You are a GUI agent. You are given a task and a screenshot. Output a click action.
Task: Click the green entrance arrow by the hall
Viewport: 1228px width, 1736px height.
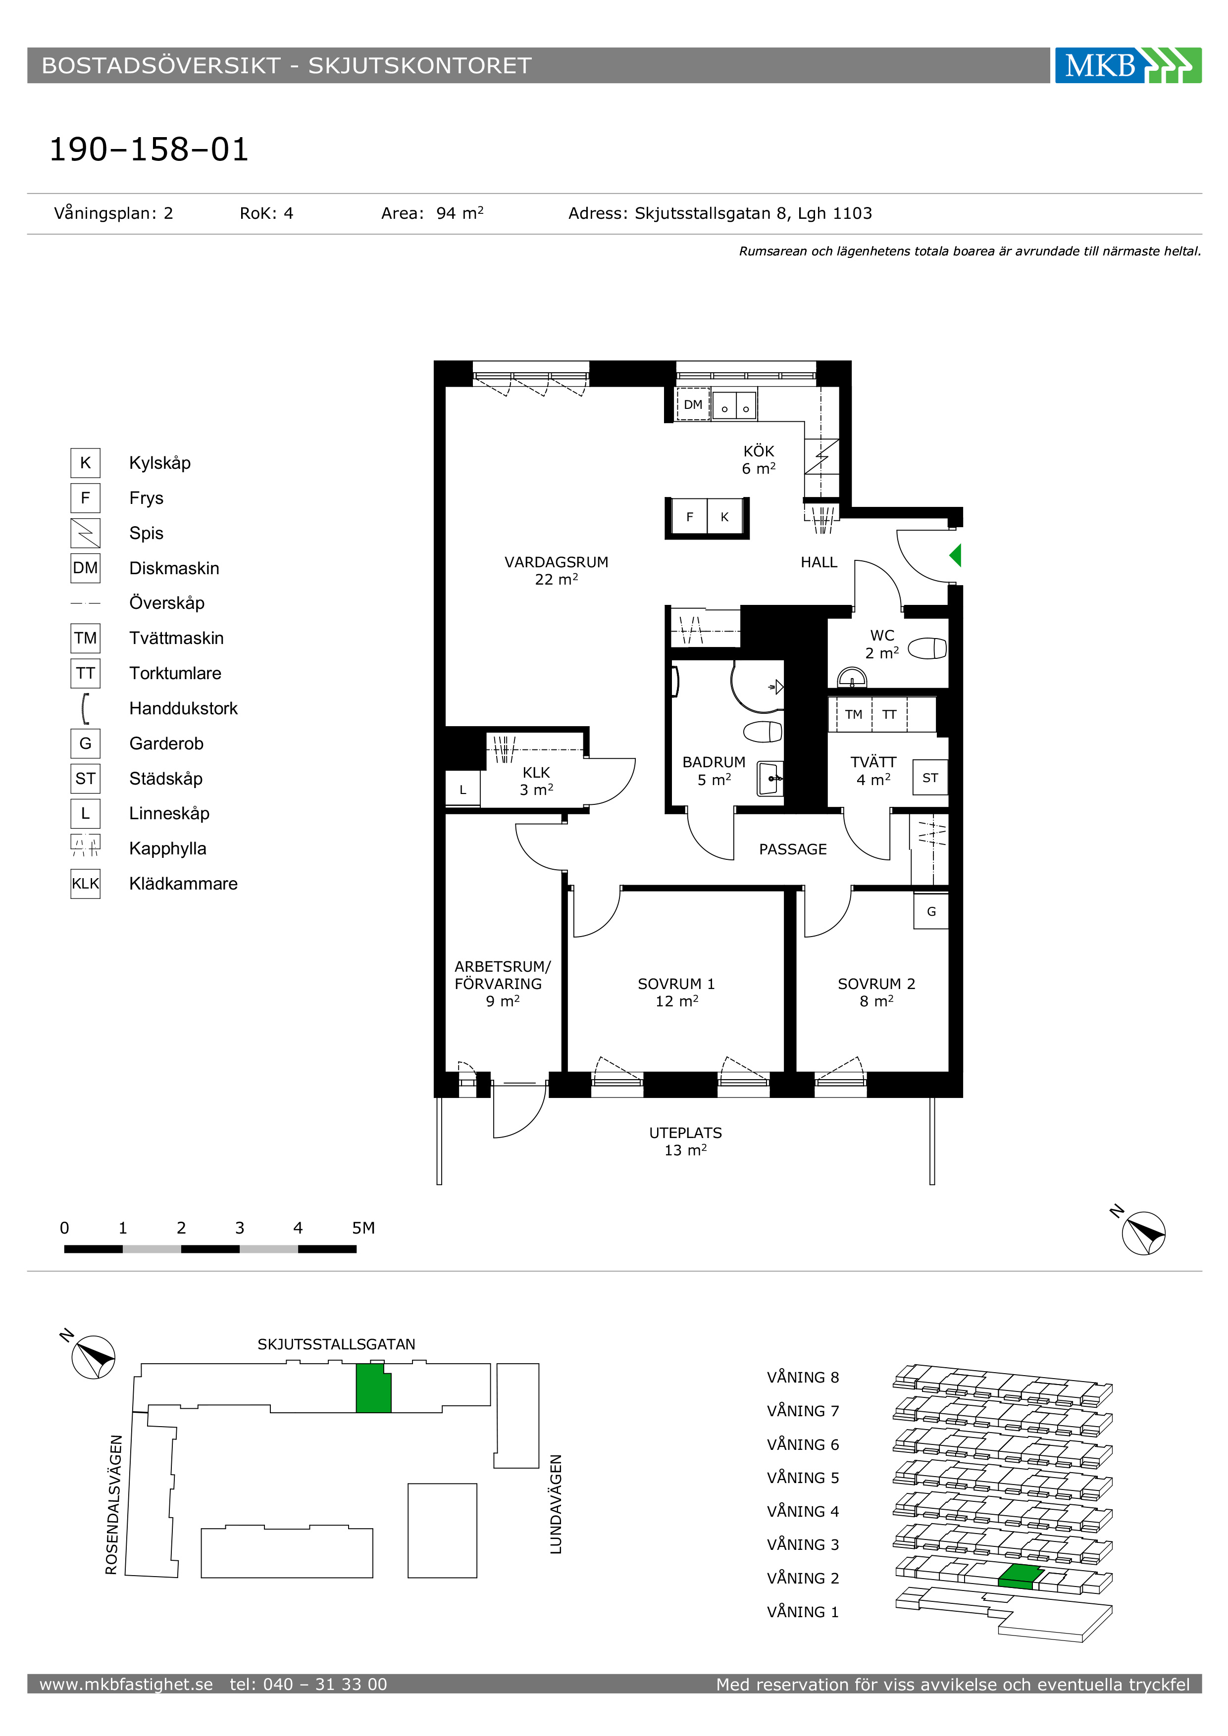pyautogui.click(x=956, y=556)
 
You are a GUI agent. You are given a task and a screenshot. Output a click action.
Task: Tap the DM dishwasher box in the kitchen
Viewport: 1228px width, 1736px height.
pyautogui.click(x=693, y=404)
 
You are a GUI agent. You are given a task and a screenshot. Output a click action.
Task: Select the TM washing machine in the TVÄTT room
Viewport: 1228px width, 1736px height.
pyautogui.click(x=854, y=714)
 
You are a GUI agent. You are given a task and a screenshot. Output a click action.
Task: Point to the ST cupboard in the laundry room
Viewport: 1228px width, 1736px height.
pyautogui.click(x=930, y=777)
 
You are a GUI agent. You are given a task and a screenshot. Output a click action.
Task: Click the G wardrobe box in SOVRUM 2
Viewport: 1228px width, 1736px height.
pyautogui.click(x=931, y=911)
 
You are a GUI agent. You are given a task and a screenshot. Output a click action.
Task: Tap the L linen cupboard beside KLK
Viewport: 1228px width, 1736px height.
pyautogui.click(x=463, y=790)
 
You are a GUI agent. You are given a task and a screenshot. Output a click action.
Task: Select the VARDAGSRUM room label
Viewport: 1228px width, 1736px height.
pyautogui.click(x=557, y=570)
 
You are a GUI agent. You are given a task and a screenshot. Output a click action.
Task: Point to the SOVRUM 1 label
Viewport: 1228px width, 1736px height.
pyautogui.click(x=676, y=992)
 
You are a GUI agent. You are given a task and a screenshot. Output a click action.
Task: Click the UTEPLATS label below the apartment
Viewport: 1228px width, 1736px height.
pyautogui.click(x=685, y=1141)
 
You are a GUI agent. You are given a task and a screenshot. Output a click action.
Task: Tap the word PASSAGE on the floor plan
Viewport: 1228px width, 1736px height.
pyautogui.click(x=792, y=849)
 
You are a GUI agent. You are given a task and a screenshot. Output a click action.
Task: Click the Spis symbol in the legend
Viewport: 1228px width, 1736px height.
pyautogui.click(x=86, y=533)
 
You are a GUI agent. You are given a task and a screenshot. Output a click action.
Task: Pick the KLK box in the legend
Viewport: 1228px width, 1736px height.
pyautogui.click(x=86, y=883)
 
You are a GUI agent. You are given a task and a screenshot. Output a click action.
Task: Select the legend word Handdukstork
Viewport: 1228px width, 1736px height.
pyautogui.click(x=183, y=708)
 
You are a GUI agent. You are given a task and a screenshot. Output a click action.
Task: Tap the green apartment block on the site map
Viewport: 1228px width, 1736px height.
pyautogui.click(x=373, y=1388)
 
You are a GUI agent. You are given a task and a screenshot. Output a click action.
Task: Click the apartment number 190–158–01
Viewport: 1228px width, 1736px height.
pyautogui.click(x=149, y=149)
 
